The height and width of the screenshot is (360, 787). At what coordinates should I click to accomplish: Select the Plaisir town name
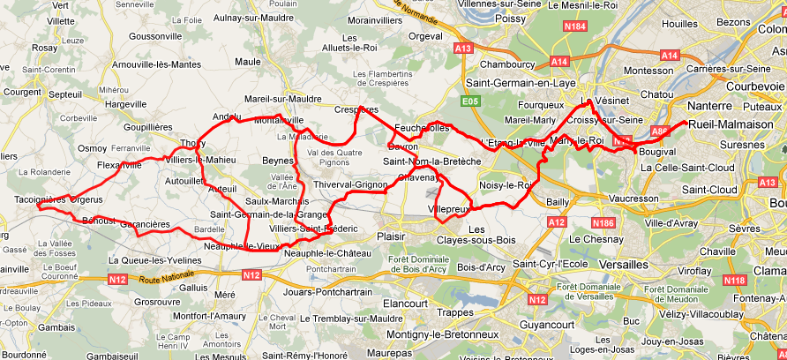pyautogui.click(x=389, y=236)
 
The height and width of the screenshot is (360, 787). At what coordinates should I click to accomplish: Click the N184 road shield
pyautogui.click(x=574, y=26)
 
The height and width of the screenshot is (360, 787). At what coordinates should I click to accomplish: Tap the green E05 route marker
pyautogui.click(x=470, y=102)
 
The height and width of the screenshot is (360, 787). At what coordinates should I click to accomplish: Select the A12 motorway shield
pyautogui.click(x=556, y=222)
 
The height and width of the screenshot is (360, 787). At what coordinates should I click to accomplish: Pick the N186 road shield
pyautogui.click(x=603, y=222)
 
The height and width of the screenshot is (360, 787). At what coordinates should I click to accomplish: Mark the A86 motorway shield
pyautogui.click(x=659, y=131)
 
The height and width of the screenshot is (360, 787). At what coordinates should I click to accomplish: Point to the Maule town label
pyautogui.click(x=248, y=61)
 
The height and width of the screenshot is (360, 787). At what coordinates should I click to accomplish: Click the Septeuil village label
pyautogui.click(x=65, y=93)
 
